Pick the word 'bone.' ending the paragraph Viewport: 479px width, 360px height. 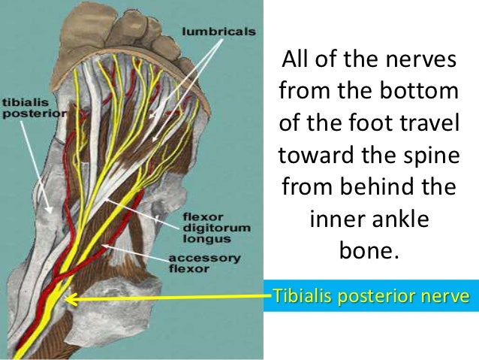(366, 250)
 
